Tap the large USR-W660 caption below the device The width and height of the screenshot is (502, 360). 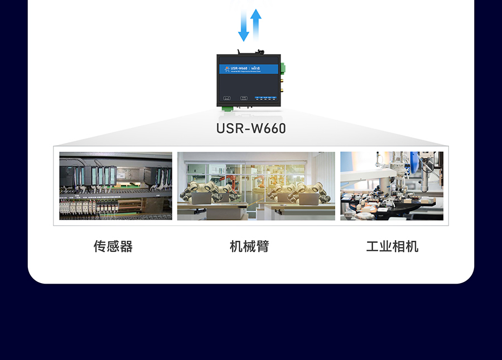pos(251,129)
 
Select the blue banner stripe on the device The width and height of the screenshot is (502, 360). pos(250,69)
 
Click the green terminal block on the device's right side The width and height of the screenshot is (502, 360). pos(283,69)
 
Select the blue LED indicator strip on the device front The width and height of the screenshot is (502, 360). pos(266,98)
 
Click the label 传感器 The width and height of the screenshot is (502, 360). pos(113,246)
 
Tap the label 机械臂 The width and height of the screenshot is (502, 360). pos(249,246)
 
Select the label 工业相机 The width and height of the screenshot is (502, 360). pos(392,246)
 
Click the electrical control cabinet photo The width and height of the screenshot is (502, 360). pos(116,186)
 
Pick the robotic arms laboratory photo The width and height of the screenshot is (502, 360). pos(256,186)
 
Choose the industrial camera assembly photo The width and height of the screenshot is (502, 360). pos(392,186)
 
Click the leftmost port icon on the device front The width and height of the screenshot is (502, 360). pos(226,98)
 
